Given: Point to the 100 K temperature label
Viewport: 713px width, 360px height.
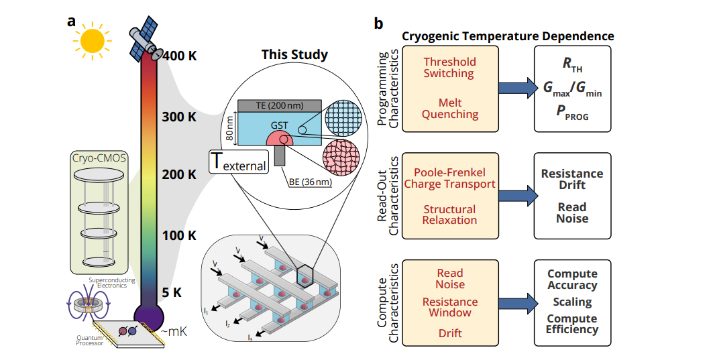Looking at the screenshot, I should [179, 236].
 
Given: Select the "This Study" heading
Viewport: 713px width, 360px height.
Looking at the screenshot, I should [294, 54].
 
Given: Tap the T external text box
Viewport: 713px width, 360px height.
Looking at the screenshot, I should [239, 162].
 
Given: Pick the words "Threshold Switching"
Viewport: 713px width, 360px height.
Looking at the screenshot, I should [449, 67].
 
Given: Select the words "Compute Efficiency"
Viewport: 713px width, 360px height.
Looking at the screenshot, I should [572, 324].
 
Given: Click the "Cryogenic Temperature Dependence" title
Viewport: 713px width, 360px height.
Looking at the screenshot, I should [507, 36].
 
